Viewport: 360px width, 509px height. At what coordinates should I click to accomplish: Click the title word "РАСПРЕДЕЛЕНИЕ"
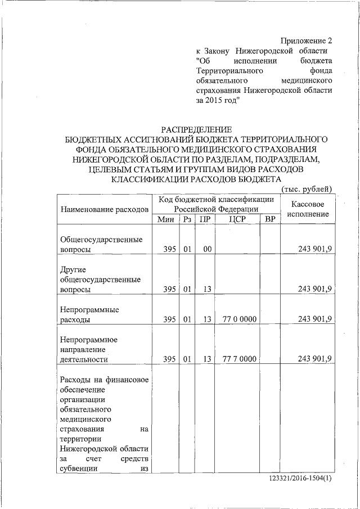point(196,129)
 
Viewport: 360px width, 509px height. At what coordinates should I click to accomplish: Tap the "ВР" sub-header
point(270,219)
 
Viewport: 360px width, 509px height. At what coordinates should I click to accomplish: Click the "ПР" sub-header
point(205,219)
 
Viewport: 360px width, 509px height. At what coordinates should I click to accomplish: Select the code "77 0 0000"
point(240,319)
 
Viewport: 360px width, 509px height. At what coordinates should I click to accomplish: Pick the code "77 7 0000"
point(240,359)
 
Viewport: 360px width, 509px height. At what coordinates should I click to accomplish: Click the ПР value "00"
point(207,249)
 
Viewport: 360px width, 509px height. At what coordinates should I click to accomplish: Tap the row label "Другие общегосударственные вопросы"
point(100,279)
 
